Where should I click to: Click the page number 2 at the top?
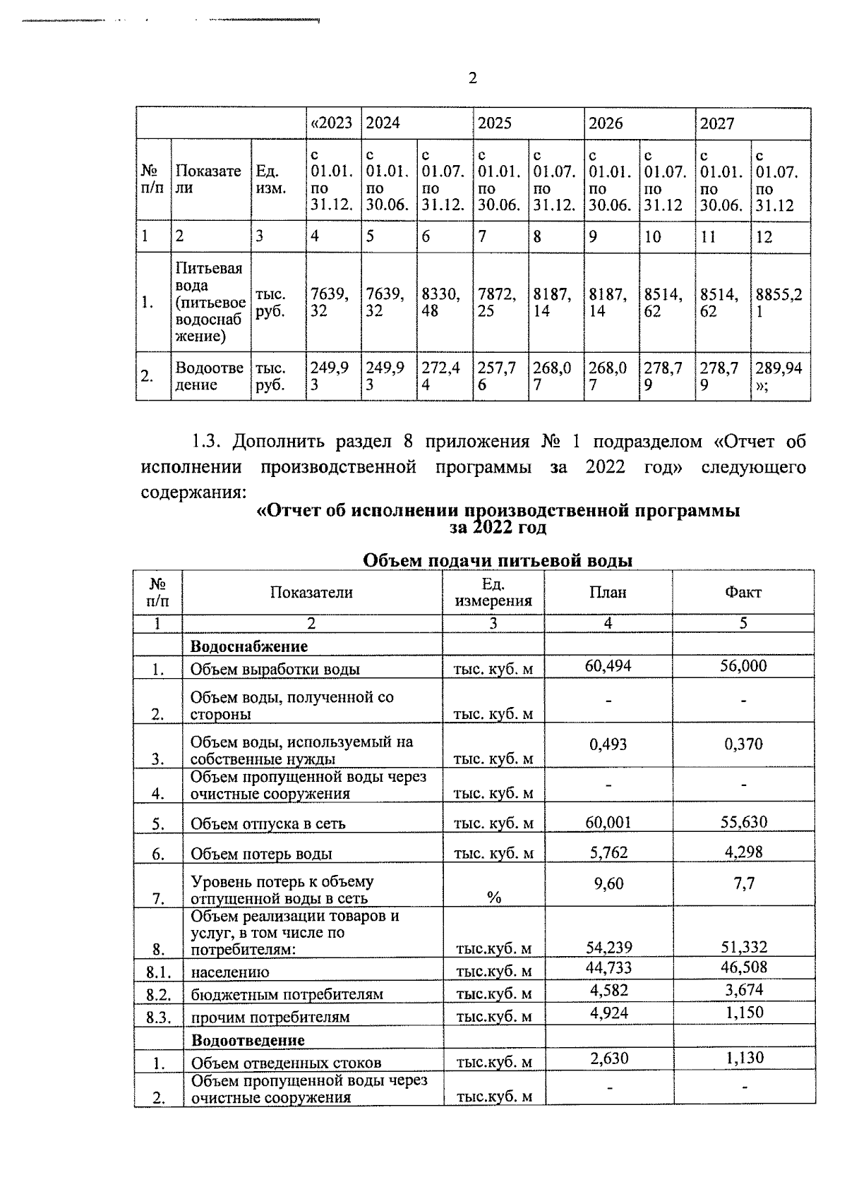[x=472, y=78]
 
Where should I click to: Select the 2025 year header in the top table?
[x=495, y=123]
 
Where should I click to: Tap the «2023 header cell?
[x=331, y=123]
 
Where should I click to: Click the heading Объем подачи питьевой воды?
[x=497, y=561]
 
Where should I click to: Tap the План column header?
[x=608, y=593]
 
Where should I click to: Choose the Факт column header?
[x=743, y=593]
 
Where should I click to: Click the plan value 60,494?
[x=608, y=666]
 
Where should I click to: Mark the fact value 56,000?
[x=743, y=666]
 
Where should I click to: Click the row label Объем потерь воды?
[x=261, y=854]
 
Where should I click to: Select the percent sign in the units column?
[x=493, y=898]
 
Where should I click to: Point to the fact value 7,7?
[x=744, y=883]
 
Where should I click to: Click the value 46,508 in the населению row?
[x=743, y=967]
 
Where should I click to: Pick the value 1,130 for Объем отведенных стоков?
[x=744, y=1058]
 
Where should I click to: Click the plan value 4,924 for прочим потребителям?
[x=608, y=1013]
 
